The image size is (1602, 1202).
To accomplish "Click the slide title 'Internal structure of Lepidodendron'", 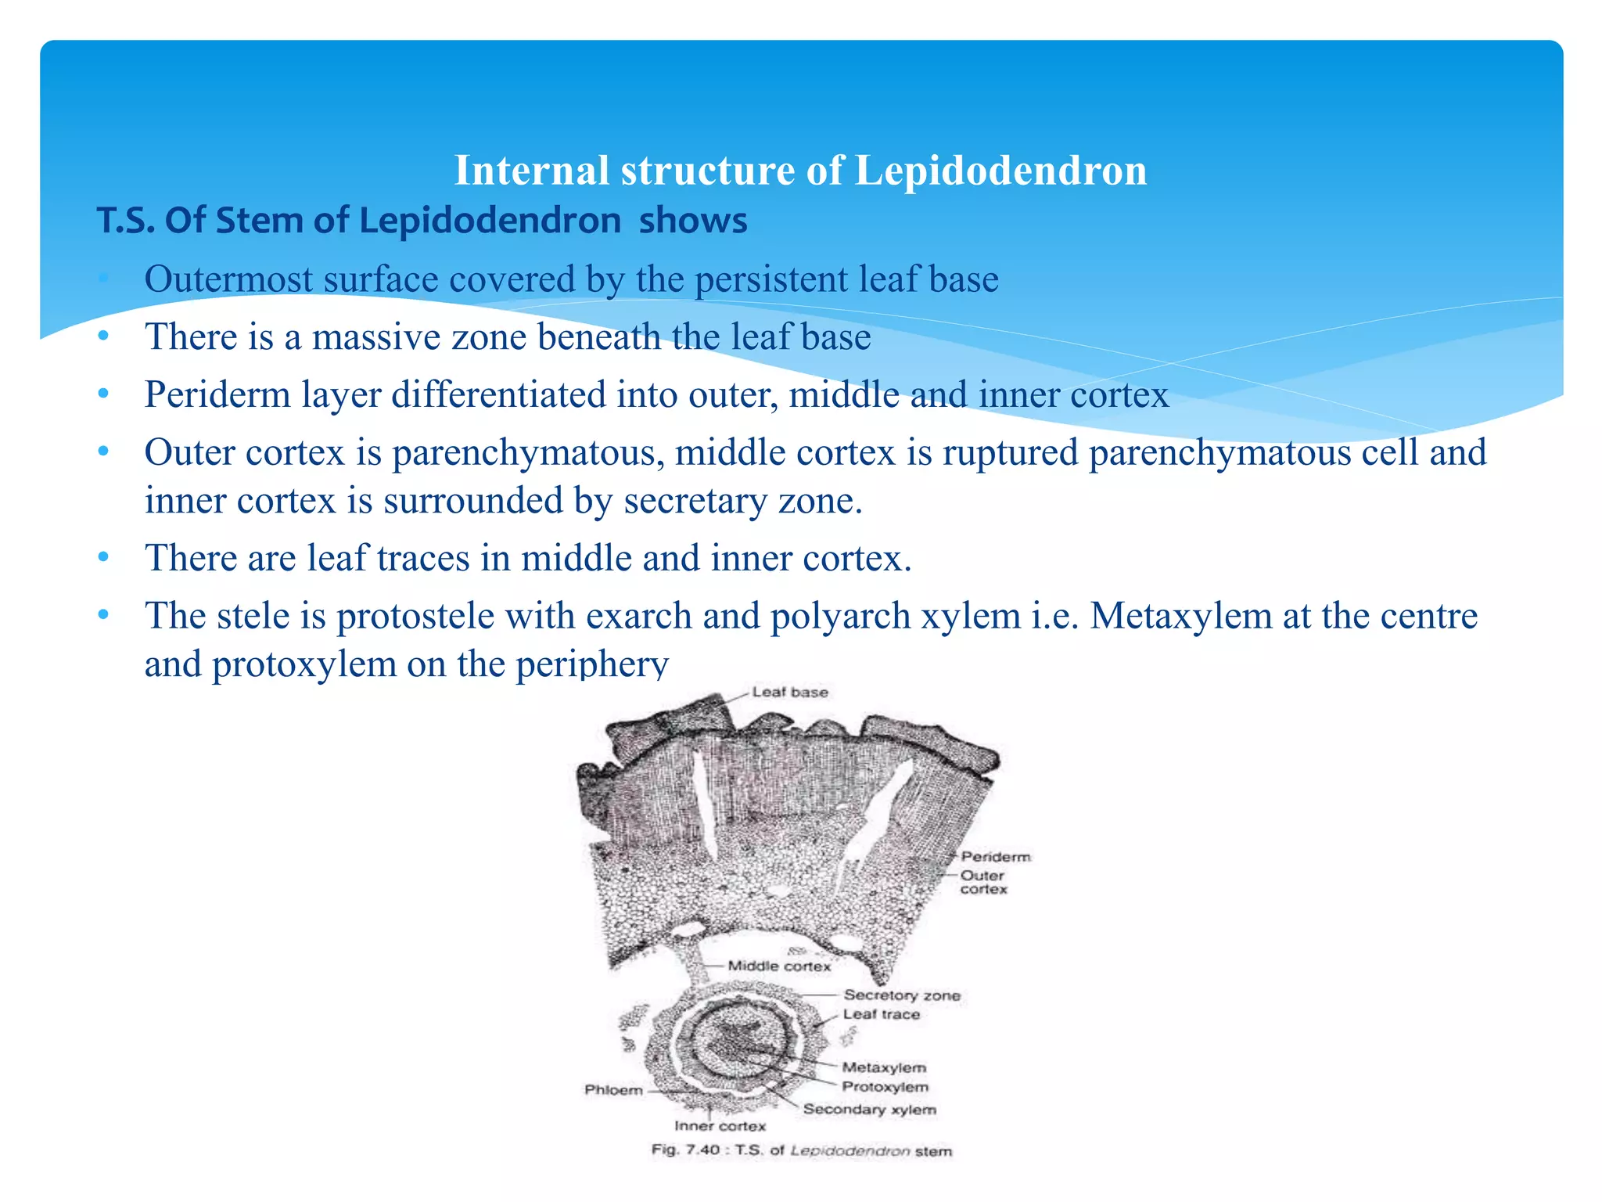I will pyautogui.click(x=800, y=170).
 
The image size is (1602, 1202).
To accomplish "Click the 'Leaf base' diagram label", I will pyautogui.click(x=789, y=693).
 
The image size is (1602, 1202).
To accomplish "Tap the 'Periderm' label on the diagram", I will pyautogui.click(x=995, y=857).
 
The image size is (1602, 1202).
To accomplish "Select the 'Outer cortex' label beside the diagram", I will pyautogui.click(x=983, y=882).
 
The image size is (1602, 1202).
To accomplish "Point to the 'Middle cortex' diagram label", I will pyautogui.click(x=779, y=966).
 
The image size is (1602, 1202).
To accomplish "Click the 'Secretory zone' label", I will pyautogui.click(x=901, y=995).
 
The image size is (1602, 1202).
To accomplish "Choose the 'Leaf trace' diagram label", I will pyautogui.click(x=881, y=1015).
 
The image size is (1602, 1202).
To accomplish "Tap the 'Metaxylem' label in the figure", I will pyautogui.click(x=884, y=1067).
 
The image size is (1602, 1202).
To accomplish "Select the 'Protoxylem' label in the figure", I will pyautogui.click(x=885, y=1087).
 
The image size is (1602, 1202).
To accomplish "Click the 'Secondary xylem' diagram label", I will pyautogui.click(x=869, y=1109).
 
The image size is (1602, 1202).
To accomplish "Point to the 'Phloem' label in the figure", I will pyautogui.click(x=613, y=1090).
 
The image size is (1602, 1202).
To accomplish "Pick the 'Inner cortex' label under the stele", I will pyautogui.click(x=720, y=1126).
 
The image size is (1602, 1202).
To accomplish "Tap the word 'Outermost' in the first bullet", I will pyautogui.click(x=228, y=279).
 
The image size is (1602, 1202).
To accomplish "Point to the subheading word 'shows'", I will pyautogui.click(x=693, y=221).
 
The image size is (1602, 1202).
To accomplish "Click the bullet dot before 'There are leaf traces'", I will pyautogui.click(x=103, y=558).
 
